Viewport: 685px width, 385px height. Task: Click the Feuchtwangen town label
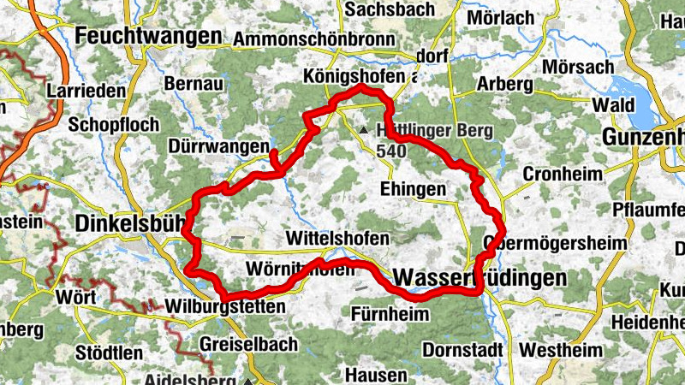148,36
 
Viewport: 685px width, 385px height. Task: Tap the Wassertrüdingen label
480,278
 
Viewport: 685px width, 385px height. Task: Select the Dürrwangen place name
219,147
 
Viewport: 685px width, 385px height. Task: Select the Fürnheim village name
390,314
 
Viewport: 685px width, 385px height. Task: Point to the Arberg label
504,85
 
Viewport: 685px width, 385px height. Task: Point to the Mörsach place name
581,67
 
